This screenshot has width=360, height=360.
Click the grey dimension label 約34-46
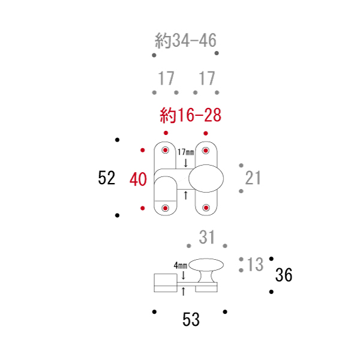185,40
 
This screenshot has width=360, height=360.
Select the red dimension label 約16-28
191,115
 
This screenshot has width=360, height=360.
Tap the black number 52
106,178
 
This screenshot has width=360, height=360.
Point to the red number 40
138,179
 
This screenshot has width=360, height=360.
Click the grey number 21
253,178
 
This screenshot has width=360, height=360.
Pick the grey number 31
206,237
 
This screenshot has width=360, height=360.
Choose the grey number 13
255,264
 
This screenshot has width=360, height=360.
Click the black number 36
284,275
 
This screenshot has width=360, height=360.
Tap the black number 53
191,319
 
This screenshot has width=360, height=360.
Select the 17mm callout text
186,152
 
